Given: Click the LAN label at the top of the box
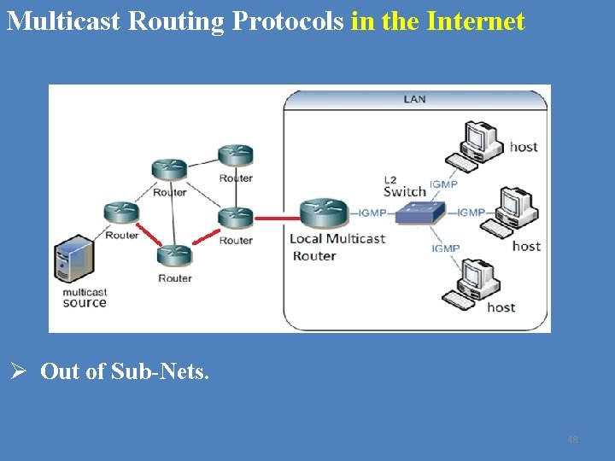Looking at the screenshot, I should tap(414, 99).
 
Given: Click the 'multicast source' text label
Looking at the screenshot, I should tap(85, 298).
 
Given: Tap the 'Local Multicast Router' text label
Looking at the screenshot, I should tap(337, 247).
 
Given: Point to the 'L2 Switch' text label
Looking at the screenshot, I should tap(404, 187).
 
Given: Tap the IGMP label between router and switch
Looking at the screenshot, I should tap(373, 213).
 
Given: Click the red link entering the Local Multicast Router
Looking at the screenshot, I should tap(277, 218).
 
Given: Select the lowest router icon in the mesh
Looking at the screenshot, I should tap(174, 255).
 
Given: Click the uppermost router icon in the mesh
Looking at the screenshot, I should tap(235, 155).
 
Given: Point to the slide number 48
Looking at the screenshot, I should tap(572, 441).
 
